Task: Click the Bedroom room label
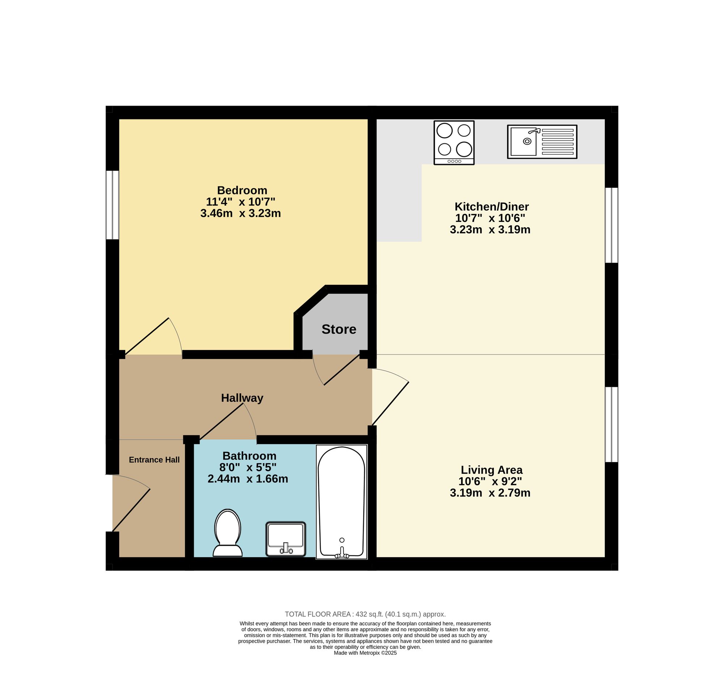point(242,190)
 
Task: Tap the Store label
point(339,329)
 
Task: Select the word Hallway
point(242,398)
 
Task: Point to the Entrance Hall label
point(154,460)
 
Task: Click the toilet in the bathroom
point(228,533)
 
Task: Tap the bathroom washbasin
point(286,539)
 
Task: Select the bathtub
point(341,502)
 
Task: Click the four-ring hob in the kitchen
point(454,143)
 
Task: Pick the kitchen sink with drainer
point(542,141)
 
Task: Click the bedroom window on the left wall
point(113,205)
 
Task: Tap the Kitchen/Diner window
point(611,225)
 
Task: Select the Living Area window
point(611,424)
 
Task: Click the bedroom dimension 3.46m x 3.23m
point(240,213)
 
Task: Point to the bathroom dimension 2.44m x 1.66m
point(248,479)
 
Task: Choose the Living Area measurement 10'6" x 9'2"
point(490,482)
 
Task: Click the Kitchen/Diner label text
point(491,207)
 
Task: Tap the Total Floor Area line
point(365,614)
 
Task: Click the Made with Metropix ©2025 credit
point(365,653)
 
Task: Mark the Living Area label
point(491,470)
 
